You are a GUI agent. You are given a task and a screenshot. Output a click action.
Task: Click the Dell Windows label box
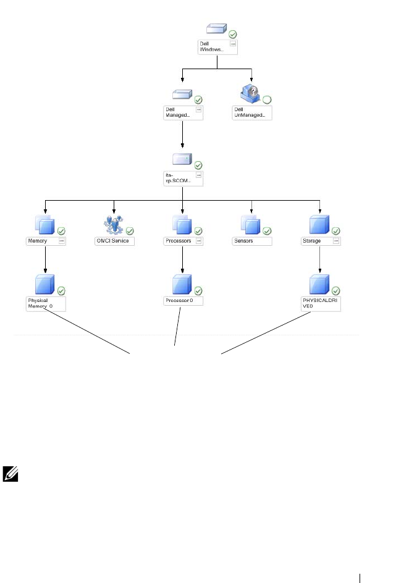217,48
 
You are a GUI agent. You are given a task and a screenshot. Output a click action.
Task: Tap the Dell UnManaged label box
252,112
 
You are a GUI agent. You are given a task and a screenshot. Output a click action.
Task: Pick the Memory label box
43,241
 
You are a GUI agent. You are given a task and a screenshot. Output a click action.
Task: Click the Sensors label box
252,241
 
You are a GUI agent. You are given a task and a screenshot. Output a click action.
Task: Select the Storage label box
321,241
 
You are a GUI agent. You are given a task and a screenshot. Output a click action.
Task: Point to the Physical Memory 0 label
41,304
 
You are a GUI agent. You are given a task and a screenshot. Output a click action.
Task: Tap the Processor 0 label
180,301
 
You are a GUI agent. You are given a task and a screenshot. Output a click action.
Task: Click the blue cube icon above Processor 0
181,285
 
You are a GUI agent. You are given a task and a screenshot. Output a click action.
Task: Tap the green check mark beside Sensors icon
267,231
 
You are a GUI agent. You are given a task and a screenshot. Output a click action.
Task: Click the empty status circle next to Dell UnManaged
268,99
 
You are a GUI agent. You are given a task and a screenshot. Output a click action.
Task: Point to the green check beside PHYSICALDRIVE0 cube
336,291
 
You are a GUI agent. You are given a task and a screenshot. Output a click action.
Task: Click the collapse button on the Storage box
337,241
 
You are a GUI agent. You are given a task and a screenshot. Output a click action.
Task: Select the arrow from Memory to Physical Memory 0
45,261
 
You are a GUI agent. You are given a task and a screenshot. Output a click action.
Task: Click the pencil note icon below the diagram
12,475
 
